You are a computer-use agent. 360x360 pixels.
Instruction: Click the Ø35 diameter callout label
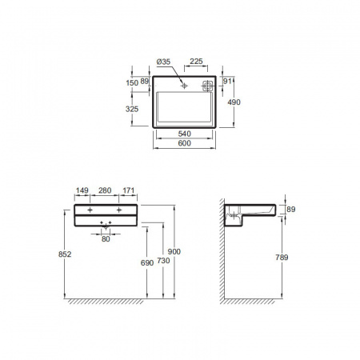pos(163,62)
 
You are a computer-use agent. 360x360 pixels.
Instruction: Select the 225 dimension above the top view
pos(196,62)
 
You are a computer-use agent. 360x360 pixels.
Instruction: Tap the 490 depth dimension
pos(234,102)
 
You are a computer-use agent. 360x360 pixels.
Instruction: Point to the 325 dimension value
pos(132,109)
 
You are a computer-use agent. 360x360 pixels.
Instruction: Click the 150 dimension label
pos(132,82)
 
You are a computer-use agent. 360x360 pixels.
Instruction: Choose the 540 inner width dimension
pos(185,134)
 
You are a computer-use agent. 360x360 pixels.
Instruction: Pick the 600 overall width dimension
pos(185,143)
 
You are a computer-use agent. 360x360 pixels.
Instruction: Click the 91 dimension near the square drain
pos(227,81)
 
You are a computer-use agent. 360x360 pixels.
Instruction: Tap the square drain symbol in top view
pos(207,86)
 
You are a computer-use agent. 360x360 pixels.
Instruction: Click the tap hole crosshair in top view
pos(184,86)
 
